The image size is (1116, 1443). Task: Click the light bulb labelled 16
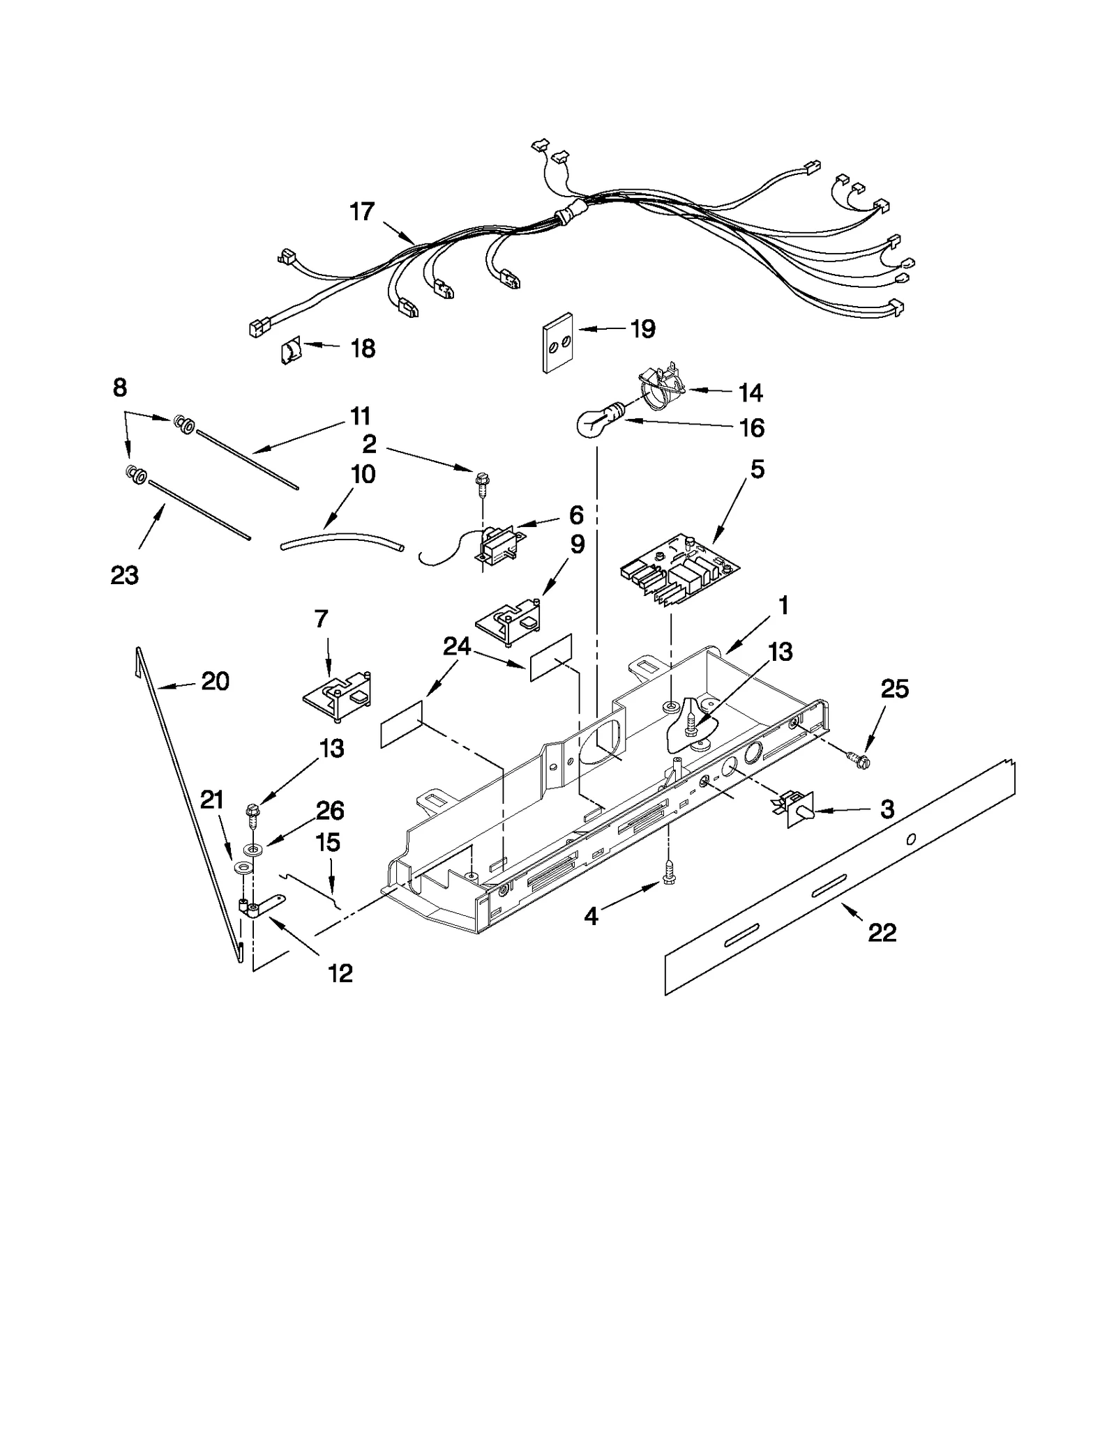(593, 422)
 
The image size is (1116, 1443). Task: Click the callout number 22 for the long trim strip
(882, 932)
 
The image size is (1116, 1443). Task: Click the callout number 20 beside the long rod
(215, 681)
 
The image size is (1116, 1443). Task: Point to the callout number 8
(120, 388)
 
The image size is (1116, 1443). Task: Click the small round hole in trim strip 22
(910, 839)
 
